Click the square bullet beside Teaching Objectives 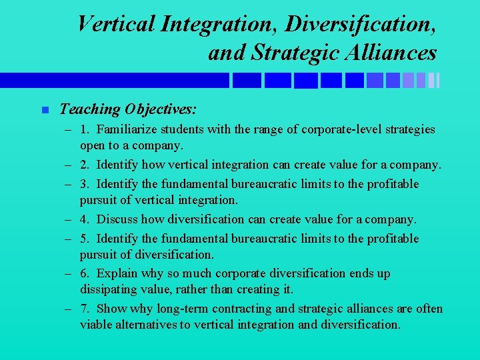45,110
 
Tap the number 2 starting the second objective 83,164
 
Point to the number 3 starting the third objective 83,183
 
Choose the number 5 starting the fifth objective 83,238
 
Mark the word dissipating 110,289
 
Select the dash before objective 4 69,219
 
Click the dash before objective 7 69,309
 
